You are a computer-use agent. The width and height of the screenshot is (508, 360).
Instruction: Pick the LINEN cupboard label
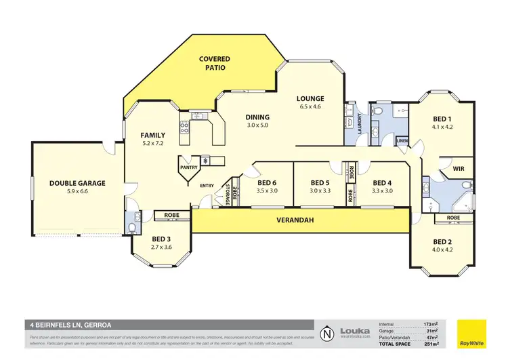click(x=402, y=141)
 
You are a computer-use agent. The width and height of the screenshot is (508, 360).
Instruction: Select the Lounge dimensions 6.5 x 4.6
click(x=310, y=107)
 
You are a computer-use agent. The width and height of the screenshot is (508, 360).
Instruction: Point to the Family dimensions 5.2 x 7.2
click(x=153, y=144)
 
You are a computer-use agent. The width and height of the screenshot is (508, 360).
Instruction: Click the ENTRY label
click(x=207, y=186)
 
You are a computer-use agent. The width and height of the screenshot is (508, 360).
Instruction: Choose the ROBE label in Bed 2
click(x=453, y=218)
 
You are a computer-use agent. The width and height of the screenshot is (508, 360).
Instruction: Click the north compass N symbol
click(x=328, y=334)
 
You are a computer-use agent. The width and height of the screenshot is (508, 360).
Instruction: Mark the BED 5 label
click(x=320, y=182)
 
